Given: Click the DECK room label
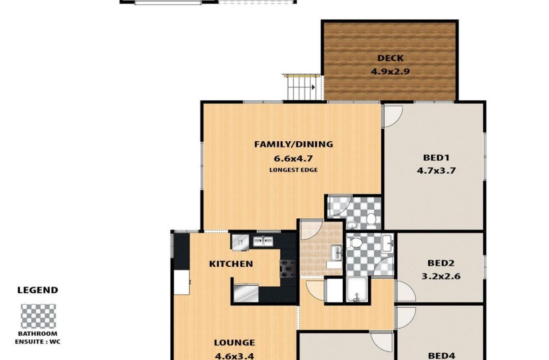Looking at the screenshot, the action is coord(390,58).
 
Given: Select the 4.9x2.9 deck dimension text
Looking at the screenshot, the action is coord(390,72).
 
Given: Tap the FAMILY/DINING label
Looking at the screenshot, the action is coord(294,144).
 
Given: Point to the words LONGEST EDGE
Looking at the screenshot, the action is coord(294,170).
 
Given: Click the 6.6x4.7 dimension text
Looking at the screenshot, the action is coord(293,158).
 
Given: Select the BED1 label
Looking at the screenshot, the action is coord(436,157).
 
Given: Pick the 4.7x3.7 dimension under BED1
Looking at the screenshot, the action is coord(436,171).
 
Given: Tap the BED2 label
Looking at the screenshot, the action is coord(441,263).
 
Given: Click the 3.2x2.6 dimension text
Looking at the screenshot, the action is coord(441,276).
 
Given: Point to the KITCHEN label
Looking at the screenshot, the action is coord(231,264).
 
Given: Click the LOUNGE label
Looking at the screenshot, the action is coord(235,342).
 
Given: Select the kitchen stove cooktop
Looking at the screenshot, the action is coord(288,269).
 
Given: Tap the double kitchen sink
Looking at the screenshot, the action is coord(263,241).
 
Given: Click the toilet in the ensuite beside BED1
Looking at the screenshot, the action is coord(371,220).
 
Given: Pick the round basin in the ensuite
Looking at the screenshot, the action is coord(352,225).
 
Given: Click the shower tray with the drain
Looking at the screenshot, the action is coord(357,289).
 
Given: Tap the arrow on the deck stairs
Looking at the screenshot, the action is coord(313,87).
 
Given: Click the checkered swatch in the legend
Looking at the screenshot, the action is coord(38,316).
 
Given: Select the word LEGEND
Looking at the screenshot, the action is coord(38,290).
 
